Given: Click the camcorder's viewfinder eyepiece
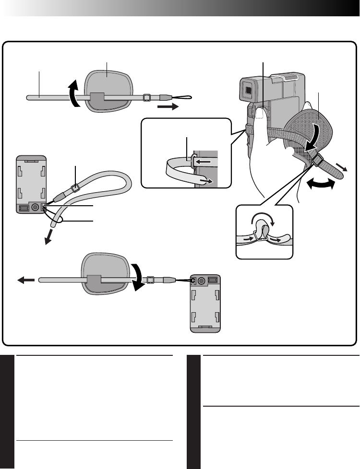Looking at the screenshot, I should (248, 89).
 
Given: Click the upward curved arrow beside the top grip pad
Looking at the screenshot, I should (73, 93).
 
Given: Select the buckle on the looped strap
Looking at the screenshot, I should (74, 188).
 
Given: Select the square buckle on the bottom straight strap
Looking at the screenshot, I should (150, 279).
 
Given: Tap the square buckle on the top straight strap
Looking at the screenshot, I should (146, 98).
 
